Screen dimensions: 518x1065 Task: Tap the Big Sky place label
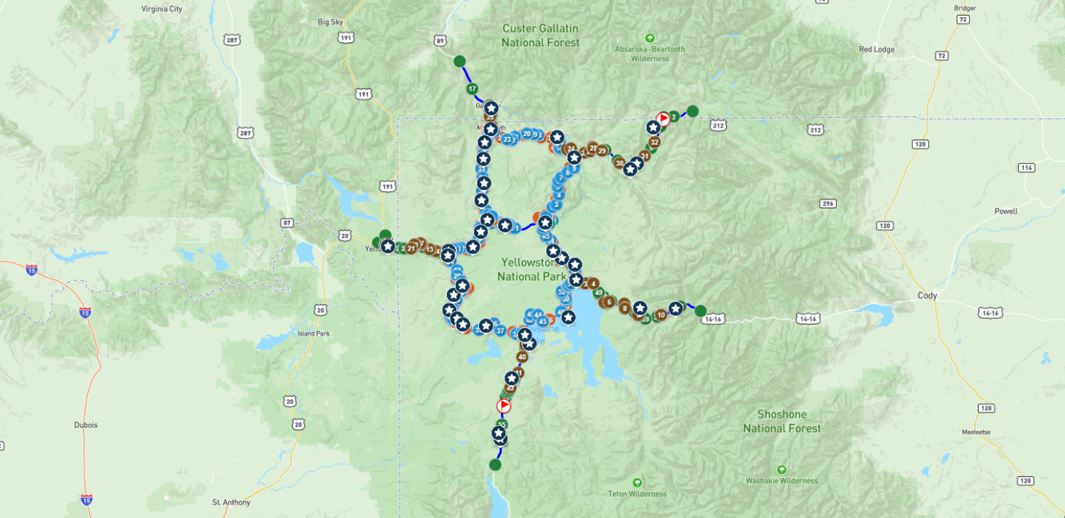[x=330, y=22]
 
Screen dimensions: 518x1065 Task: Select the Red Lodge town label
[x=876, y=50]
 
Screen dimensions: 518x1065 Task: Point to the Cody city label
[x=927, y=295]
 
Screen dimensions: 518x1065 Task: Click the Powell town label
[x=1005, y=211]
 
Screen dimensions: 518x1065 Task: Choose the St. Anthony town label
[x=231, y=502]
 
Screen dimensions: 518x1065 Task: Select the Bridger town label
[x=964, y=9]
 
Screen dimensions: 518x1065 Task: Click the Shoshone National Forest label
[x=782, y=421]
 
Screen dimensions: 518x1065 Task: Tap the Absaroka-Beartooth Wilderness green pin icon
[x=650, y=38]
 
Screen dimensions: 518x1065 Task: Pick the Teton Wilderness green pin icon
[x=637, y=483]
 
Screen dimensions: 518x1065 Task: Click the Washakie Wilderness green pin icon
[x=782, y=469]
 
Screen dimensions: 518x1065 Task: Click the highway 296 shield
[x=826, y=204]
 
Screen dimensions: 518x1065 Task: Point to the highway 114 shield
[x=1027, y=167]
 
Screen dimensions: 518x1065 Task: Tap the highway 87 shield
[x=287, y=223]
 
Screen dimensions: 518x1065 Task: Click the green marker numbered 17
[x=472, y=89]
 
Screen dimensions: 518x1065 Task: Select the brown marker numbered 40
[x=522, y=357]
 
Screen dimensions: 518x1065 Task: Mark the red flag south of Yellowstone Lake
[x=504, y=406]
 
